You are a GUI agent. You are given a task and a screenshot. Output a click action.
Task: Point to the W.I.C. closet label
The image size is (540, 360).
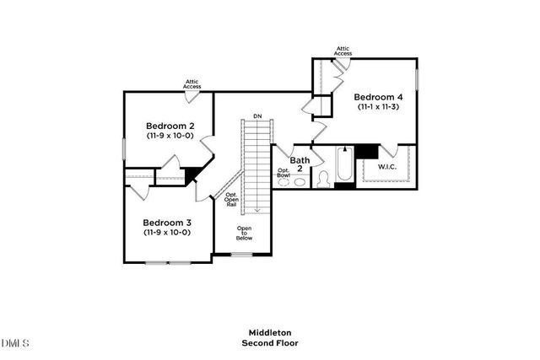click(387, 167)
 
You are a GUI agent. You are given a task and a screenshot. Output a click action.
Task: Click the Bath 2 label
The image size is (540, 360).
click(300, 164)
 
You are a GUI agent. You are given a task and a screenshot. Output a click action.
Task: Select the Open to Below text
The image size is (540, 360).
click(245, 234)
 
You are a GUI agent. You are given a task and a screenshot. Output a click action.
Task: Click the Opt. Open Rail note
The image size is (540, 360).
click(231, 200)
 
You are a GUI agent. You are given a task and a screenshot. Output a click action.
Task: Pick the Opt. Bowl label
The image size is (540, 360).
click(284, 173)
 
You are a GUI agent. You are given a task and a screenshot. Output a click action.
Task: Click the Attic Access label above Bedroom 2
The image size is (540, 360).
click(192, 83)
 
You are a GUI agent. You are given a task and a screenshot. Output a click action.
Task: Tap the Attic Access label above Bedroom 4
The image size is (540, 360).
click(343, 51)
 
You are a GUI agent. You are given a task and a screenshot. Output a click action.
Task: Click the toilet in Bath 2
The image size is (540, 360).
click(323, 179)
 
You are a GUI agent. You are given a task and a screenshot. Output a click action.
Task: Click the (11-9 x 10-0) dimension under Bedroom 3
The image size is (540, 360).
click(166, 232)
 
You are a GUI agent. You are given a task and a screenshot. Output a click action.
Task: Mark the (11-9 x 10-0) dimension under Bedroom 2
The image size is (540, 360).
click(169, 135)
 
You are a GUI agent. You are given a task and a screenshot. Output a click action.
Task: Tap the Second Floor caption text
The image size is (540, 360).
click(269, 343)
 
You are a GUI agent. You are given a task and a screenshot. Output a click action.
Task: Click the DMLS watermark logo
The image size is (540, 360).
click(15, 343)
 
